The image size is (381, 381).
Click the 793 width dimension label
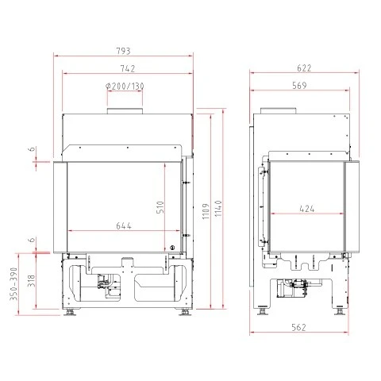click(x=124, y=51)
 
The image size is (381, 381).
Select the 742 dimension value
click(x=128, y=69)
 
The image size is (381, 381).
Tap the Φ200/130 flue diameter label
click(x=125, y=87)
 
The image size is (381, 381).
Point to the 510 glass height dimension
click(x=160, y=207)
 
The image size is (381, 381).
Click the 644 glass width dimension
click(x=124, y=226)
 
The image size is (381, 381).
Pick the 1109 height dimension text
click(x=206, y=211)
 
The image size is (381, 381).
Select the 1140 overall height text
click(x=218, y=209)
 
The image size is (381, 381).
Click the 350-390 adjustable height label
click(x=13, y=284)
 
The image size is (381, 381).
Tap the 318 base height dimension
click(x=32, y=281)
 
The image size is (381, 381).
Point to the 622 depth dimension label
click(x=304, y=68)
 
